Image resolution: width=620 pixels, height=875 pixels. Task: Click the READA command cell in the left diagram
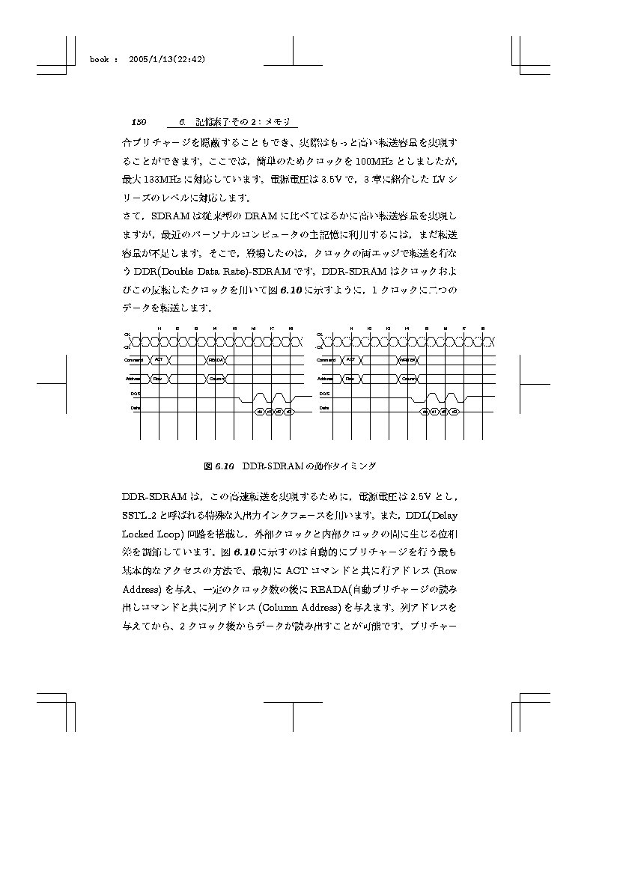pyautogui.click(x=216, y=360)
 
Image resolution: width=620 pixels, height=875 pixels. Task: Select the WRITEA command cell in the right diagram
pyautogui.click(x=408, y=360)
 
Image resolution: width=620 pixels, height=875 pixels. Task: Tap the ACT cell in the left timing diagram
pyautogui.click(x=159, y=360)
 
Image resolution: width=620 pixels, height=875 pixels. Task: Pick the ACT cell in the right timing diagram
pyautogui.click(x=350, y=360)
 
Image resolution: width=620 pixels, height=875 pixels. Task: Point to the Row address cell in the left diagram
pyautogui.click(x=159, y=379)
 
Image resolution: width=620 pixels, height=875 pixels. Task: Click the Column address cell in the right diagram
pyautogui.click(x=408, y=379)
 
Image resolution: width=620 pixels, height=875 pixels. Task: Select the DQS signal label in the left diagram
pyautogui.click(x=136, y=393)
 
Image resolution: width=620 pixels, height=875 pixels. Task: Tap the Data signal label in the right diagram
pyautogui.click(x=324, y=408)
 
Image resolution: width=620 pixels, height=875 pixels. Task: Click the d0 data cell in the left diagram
pyautogui.click(x=259, y=412)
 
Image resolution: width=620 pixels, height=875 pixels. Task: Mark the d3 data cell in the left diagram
pyautogui.click(x=288, y=412)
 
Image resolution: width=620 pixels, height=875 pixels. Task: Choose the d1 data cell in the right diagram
pyautogui.click(x=434, y=412)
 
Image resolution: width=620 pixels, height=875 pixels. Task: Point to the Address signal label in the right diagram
pyautogui.click(x=325, y=379)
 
